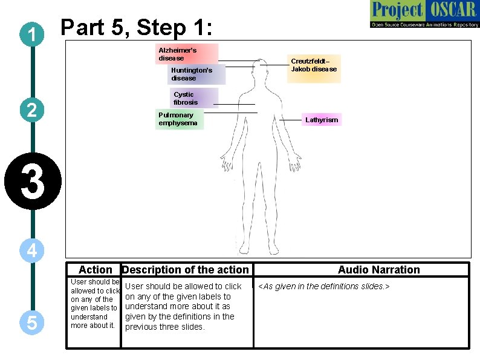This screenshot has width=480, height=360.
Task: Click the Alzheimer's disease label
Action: click(x=187, y=54)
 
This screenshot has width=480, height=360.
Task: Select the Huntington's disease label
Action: click(x=196, y=74)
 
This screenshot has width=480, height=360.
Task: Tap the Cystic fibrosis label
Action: click(x=193, y=98)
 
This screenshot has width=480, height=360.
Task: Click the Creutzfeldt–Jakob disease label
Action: click(x=314, y=65)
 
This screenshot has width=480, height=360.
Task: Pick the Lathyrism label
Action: click(x=322, y=120)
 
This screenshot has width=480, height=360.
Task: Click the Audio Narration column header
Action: click(x=378, y=270)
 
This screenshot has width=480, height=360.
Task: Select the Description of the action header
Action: click(x=186, y=270)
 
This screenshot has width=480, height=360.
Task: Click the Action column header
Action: click(x=96, y=270)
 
